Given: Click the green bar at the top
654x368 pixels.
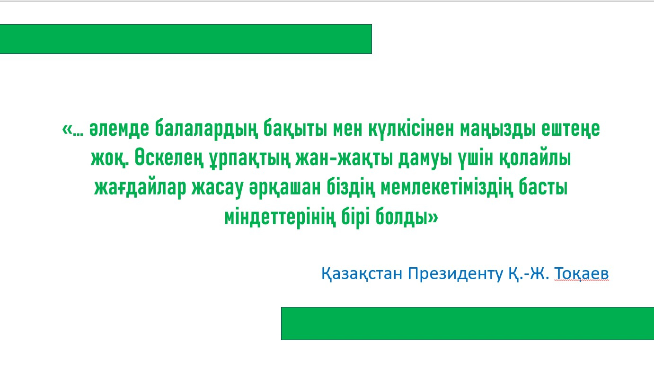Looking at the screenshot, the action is (186, 39).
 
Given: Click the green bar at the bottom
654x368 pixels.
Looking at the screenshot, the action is (468, 324).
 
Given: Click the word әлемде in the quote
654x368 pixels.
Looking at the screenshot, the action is (119, 129).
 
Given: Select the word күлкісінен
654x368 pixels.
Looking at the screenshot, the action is (411, 129).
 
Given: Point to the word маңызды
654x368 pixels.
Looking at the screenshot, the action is (498, 129).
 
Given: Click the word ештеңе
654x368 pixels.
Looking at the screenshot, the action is (571, 129).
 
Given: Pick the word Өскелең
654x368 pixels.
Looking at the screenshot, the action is (169, 158).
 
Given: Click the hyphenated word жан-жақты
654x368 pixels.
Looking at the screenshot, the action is (344, 158).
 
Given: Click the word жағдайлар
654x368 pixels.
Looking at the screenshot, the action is (140, 188).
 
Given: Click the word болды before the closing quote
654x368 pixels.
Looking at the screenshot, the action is (402, 217).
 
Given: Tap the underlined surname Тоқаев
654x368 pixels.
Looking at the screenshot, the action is (581, 274).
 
